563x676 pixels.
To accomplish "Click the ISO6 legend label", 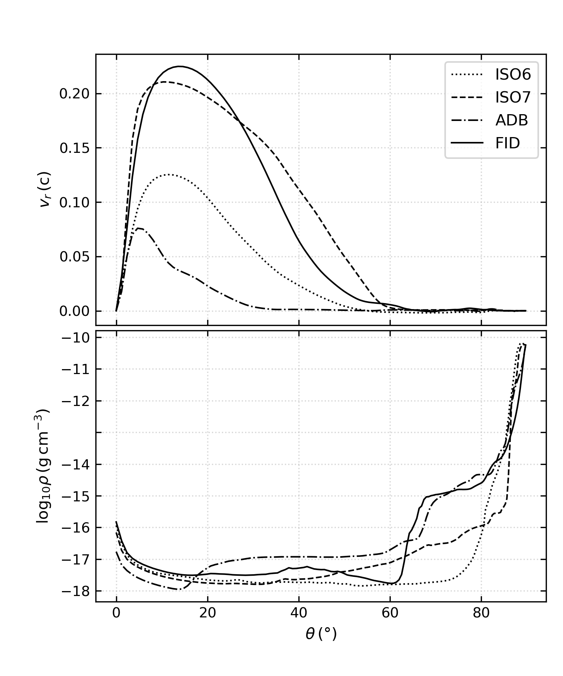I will (x=513, y=75).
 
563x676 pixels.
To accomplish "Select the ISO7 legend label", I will (x=513, y=98).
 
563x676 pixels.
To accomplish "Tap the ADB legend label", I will (x=511, y=121).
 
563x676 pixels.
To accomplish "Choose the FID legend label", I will (x=507, y=143).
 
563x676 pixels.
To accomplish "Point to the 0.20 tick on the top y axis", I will (x=75, y=94).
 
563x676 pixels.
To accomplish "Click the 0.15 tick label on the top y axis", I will (x=75, y=148).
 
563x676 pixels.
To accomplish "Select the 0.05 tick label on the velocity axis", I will (x=75, y=257).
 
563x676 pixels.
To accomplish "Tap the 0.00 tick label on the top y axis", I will (x=75, y=311).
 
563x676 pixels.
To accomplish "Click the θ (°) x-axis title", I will (x=321, y=634).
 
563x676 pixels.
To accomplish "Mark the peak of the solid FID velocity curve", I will (x=179, y=66).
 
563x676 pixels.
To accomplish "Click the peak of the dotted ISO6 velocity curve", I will (x=168, y=175).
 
